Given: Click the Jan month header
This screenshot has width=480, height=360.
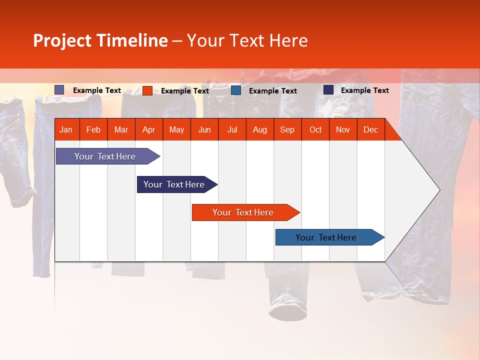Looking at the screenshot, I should tap(66, 130).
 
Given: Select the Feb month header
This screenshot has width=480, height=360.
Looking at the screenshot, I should tap(93, 130).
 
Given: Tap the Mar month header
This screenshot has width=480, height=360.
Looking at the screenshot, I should tap(121, 130).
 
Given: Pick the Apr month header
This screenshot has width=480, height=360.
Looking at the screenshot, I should tap(148, 130).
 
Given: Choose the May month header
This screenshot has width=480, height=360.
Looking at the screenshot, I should tap(176, 130).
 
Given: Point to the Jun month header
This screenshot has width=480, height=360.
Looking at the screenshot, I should tap(204, 130).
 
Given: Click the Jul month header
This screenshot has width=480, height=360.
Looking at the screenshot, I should tap(232, 130).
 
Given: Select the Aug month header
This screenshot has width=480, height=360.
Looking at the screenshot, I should tap(259, 130).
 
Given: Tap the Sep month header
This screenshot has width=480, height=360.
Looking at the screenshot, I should tap(287, 130).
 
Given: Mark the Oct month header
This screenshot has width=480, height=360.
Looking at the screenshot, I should tap(315, 130).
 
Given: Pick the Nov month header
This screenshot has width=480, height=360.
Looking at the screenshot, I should tap(343, 130).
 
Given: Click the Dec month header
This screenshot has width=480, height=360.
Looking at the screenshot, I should tap(370, 130).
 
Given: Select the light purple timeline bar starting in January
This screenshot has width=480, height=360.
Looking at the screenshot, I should tap(105, 156).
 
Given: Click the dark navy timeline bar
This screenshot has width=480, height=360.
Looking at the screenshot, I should tap(174, 184).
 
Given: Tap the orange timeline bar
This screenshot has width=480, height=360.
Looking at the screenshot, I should tap(243, 212).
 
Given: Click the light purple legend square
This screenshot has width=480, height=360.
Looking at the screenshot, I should tap(59, 90).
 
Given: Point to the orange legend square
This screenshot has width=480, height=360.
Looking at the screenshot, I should tap(147, 90).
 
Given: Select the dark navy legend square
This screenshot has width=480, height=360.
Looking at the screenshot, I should tap(328, 90).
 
